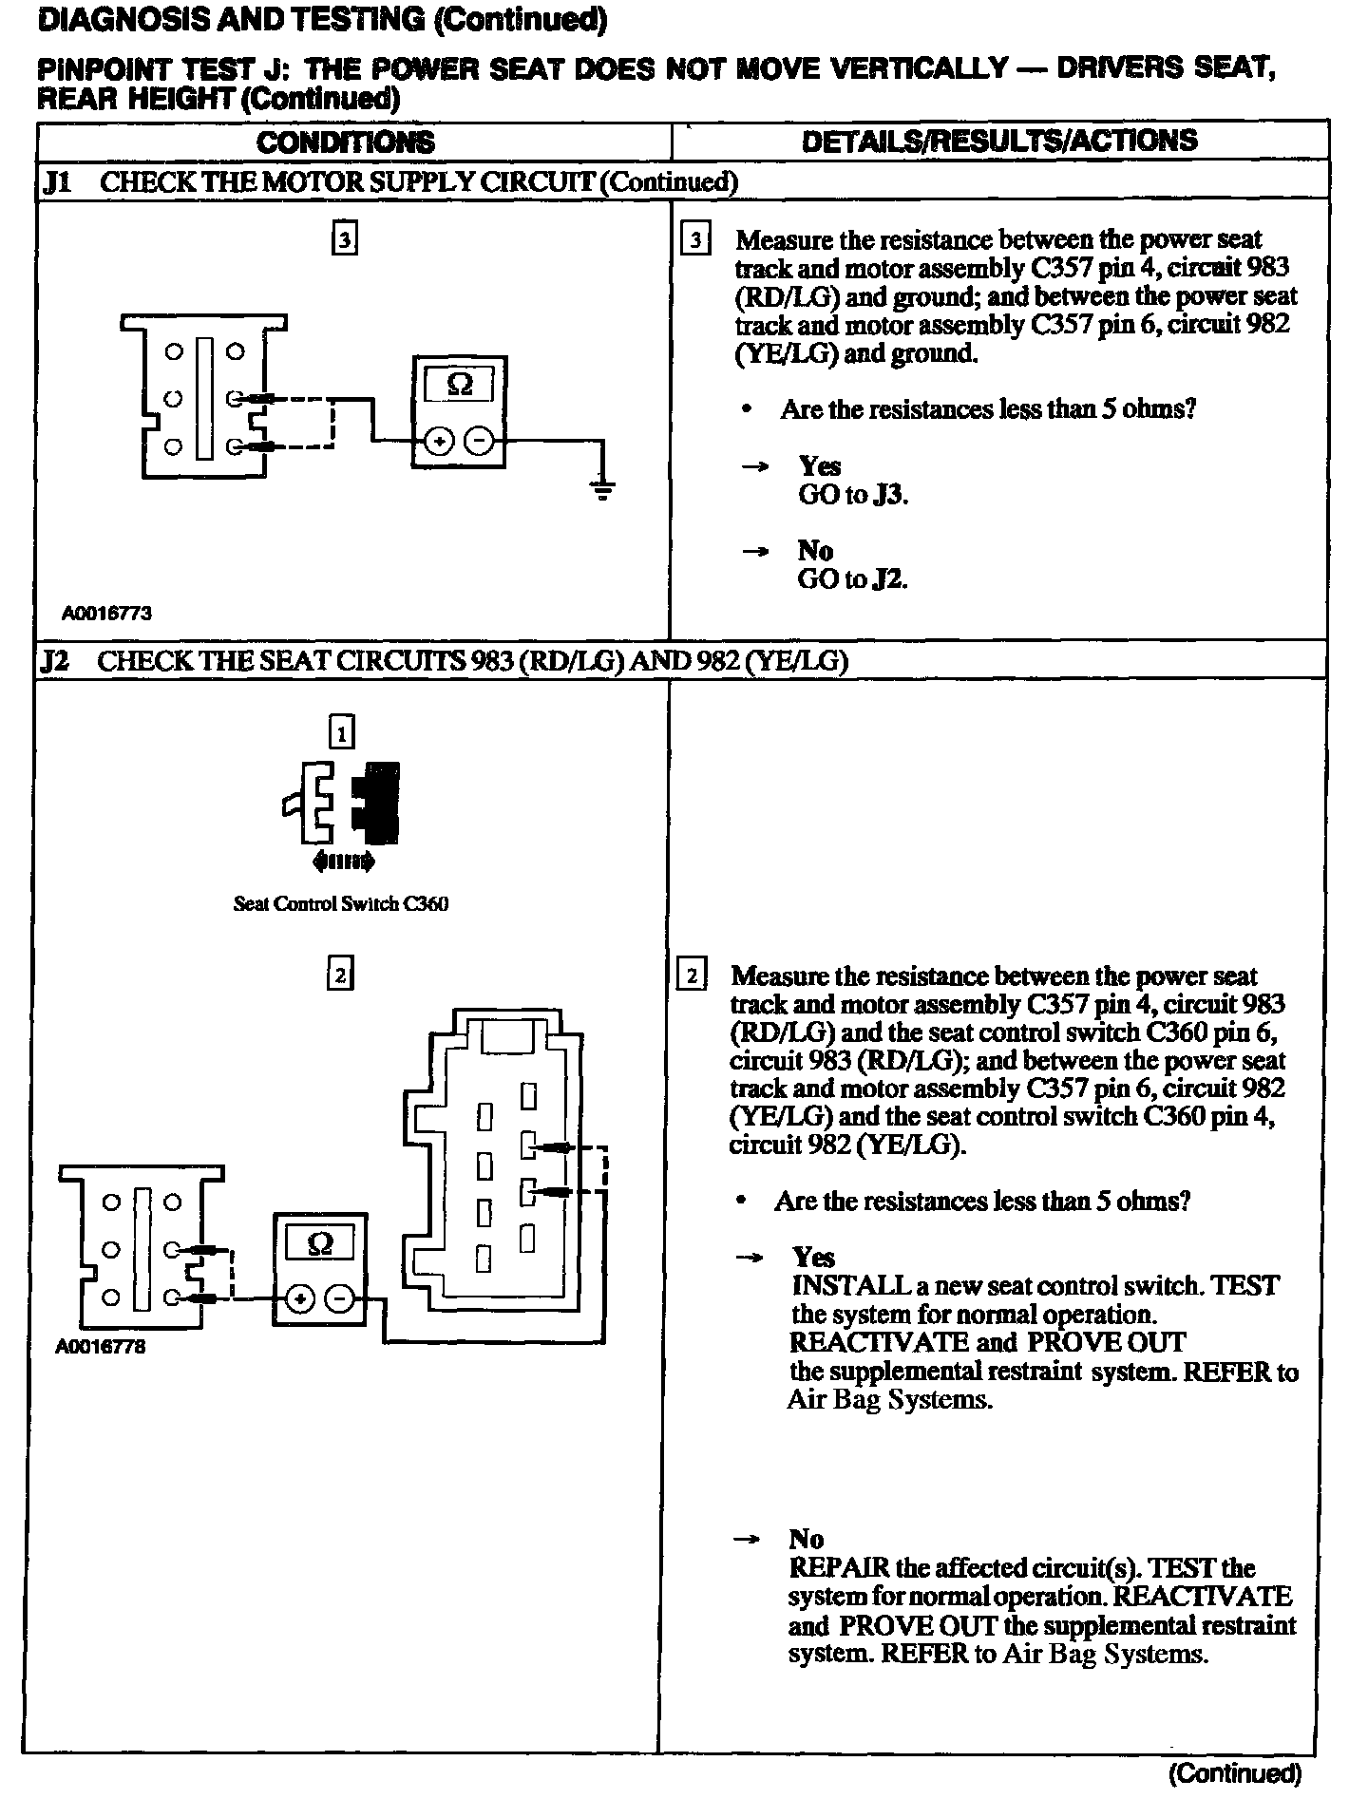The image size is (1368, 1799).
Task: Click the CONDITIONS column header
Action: [x=346, y=142]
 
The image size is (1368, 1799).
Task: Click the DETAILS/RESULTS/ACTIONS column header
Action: [x=999, y=141]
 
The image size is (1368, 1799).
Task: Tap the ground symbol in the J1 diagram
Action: [x=602, y=490]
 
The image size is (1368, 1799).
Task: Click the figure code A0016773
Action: [x=107, y=614]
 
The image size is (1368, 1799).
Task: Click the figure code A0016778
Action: [x=101, y=1347]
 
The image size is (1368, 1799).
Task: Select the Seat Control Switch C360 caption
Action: [x=341, y=903]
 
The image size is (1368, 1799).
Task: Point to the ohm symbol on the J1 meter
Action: [x=460, y=386]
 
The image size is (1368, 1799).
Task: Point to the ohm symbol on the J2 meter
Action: [x=320, y=1243]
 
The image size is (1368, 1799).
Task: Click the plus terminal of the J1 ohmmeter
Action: [x=438, y=442]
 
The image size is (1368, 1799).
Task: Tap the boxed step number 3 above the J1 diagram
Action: [x=344, y=240]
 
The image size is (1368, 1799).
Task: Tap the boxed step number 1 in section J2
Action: [x=340, y=732]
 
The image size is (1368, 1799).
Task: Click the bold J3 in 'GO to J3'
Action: [x=890, y=495]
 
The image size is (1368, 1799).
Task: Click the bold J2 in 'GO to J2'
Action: [x=889, y=579]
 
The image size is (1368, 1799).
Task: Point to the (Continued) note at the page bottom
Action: [x=1234, y=1772]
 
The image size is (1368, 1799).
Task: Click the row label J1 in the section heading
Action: [x=57, y=181]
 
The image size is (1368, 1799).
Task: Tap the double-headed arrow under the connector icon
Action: [x=343, y=862]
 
